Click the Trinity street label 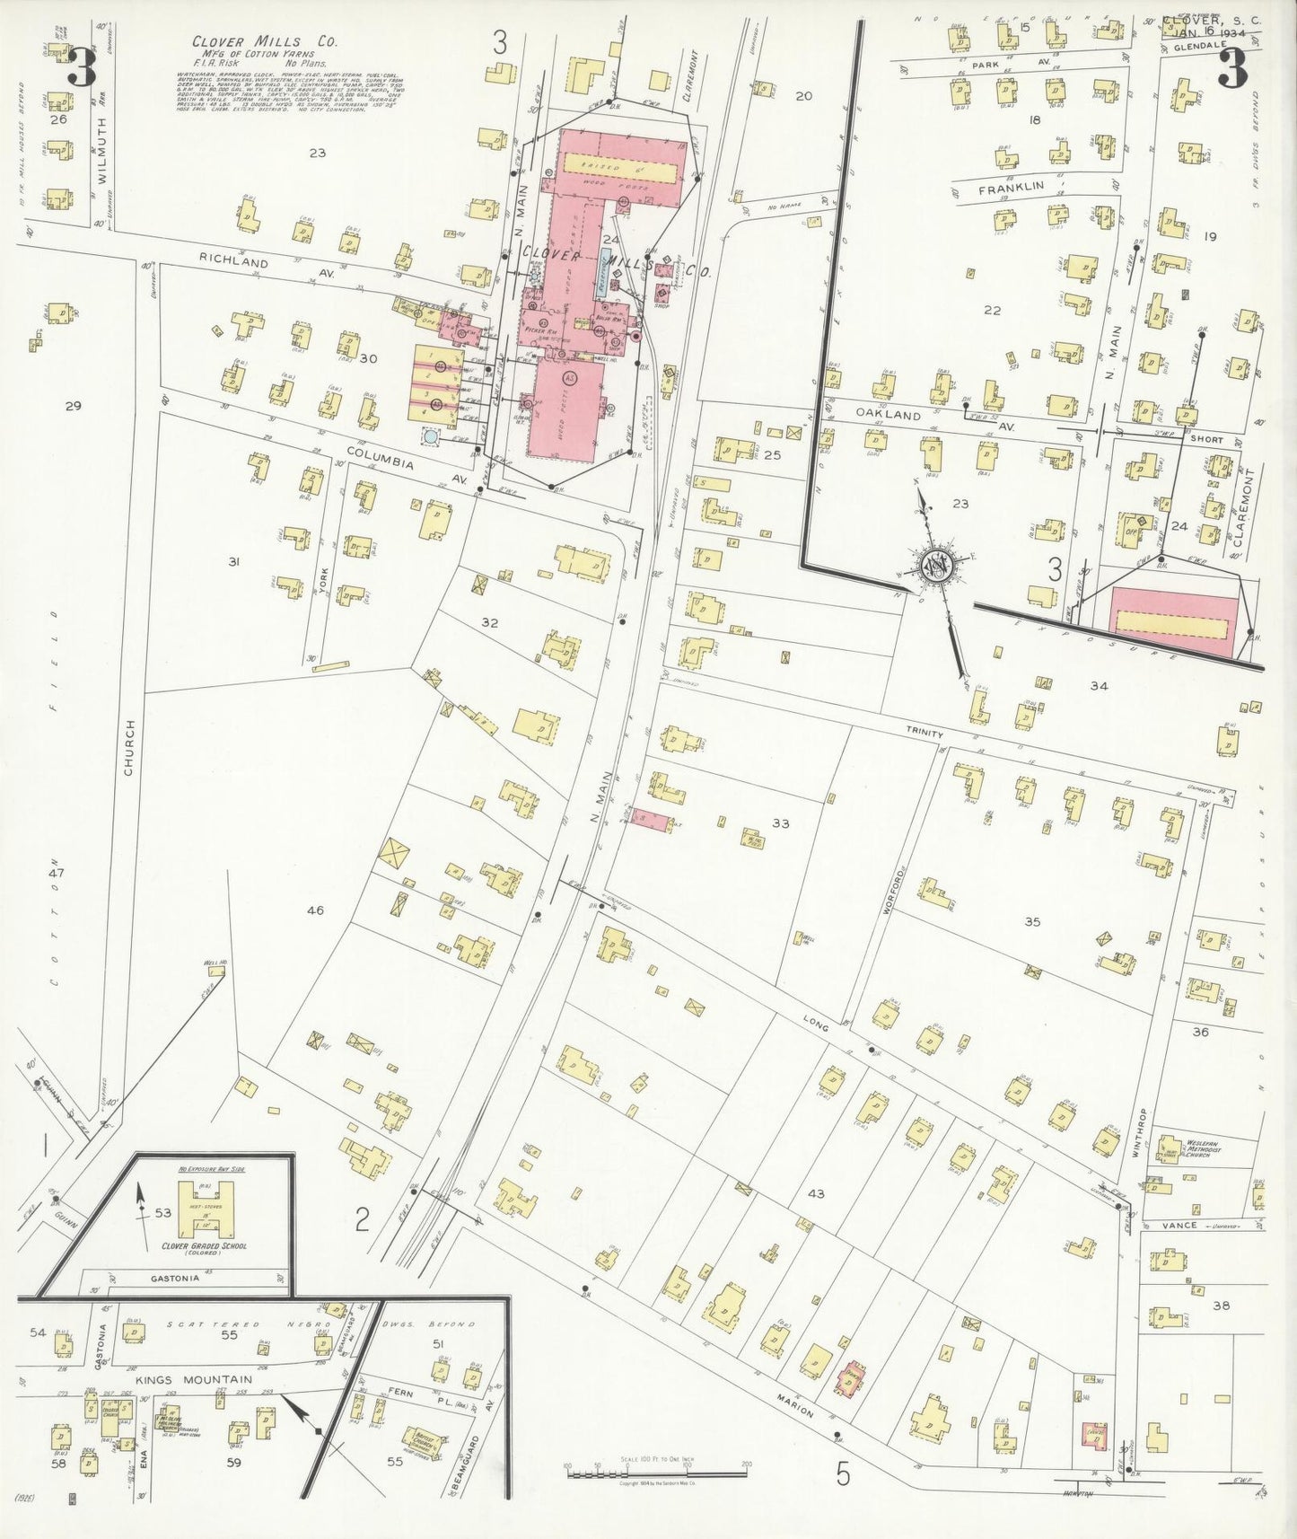coord(924,734)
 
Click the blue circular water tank coord(432,436)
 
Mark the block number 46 coord(315,910)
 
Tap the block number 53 coord(162,1213)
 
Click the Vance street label coord(1185,1225)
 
